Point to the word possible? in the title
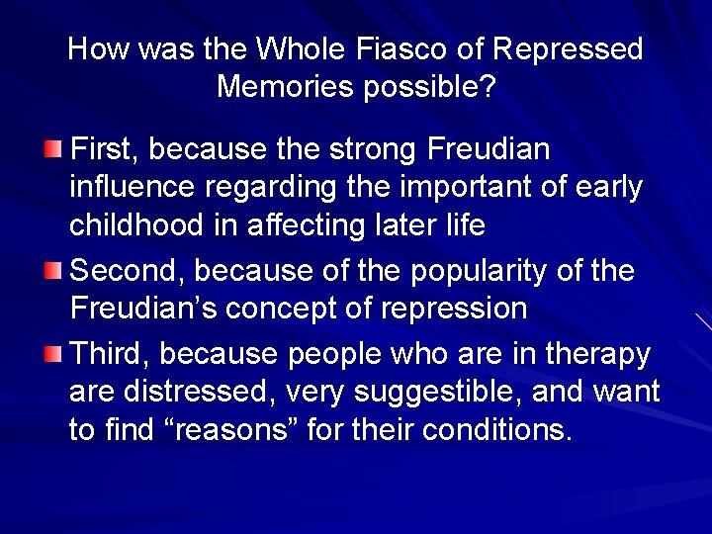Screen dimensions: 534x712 430,88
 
